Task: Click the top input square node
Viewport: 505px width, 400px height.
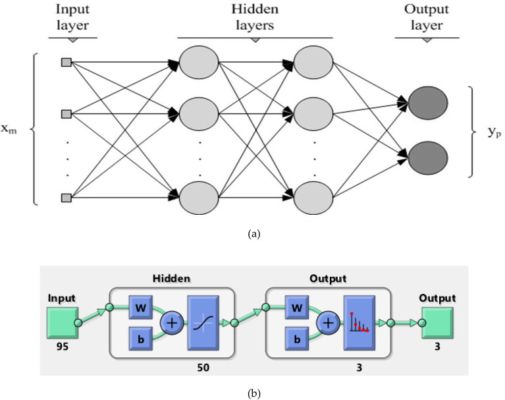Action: point(66,63)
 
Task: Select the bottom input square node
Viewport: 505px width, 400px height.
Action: point(66,196)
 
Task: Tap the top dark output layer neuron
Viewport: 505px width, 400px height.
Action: point(428,103)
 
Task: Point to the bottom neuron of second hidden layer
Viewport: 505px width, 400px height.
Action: point(313,196)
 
